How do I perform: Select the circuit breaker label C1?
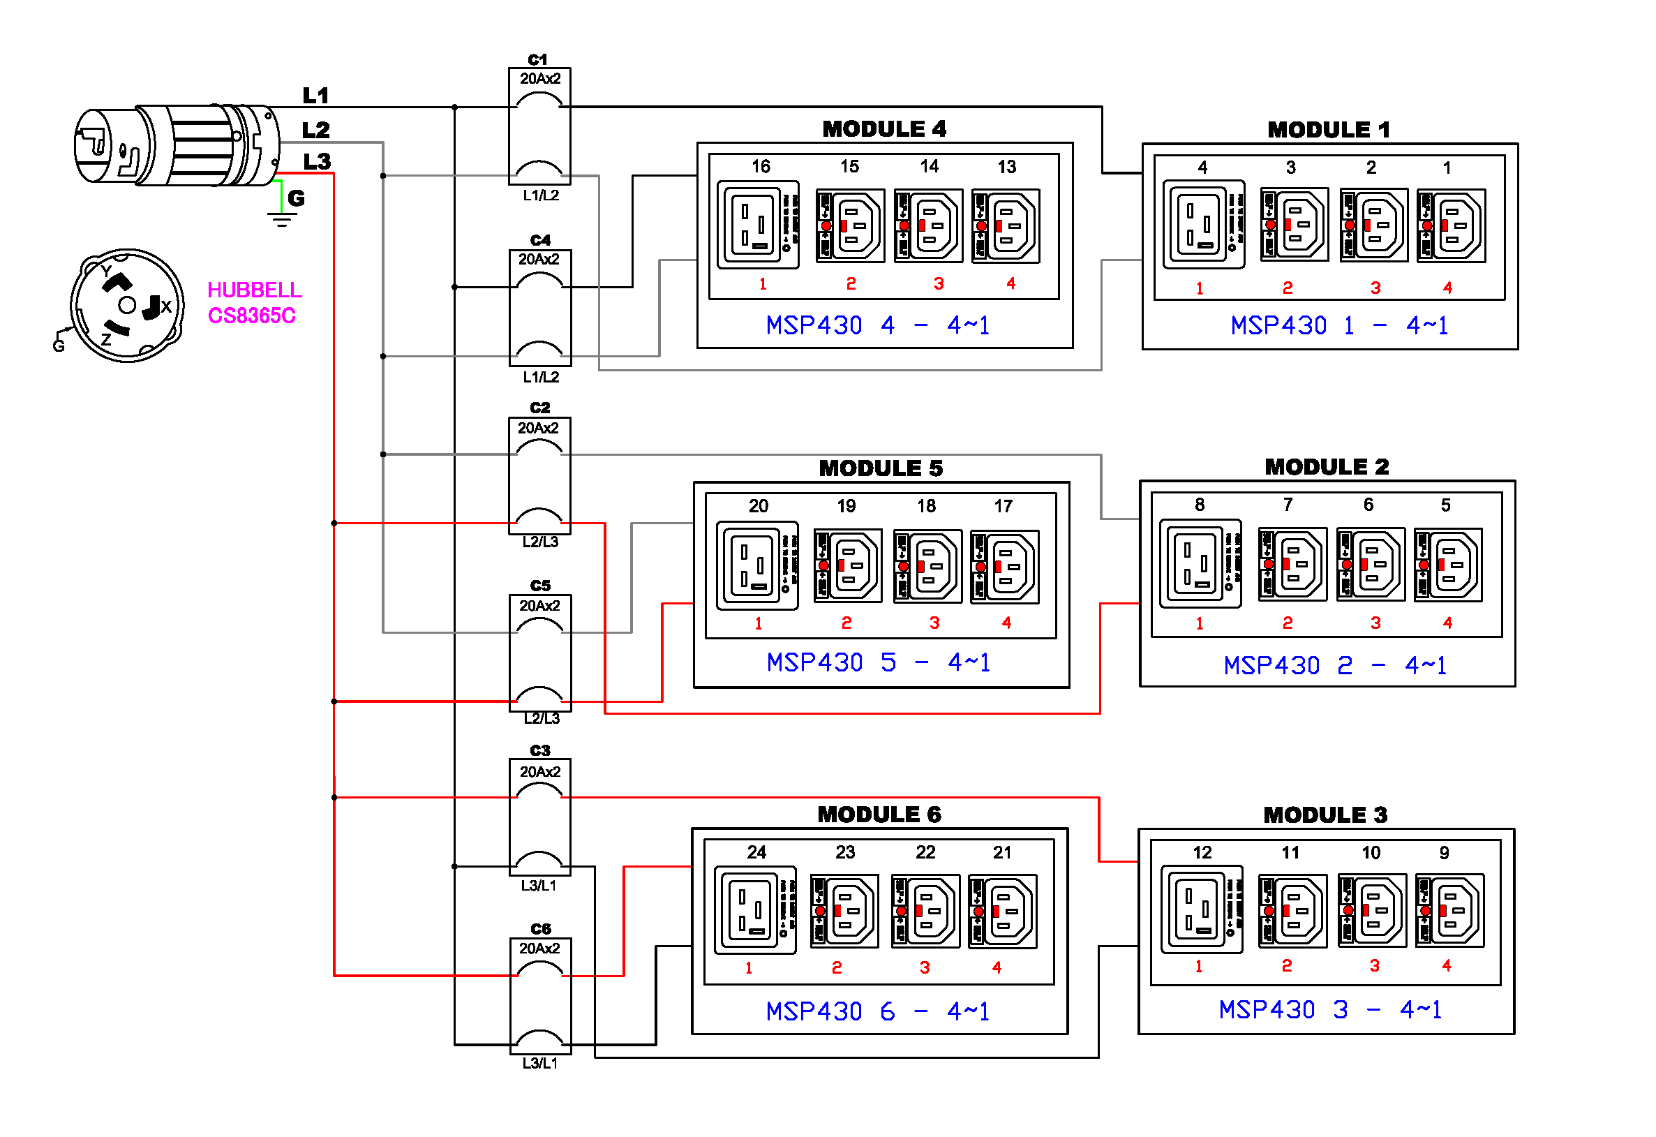[537, 59]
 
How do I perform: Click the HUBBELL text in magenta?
[255, 290]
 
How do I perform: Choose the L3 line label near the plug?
[317, 162]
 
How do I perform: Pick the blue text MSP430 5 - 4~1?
[878, 663]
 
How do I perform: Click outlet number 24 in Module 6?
[756, 852]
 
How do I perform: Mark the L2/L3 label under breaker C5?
[541, 718]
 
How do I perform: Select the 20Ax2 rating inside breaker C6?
[539, 949]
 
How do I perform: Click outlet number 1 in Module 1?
[1447, 168]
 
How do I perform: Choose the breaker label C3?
[539, 750]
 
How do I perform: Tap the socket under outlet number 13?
[1006, 226]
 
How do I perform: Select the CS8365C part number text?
[251, 315]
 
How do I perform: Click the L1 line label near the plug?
[315, 96]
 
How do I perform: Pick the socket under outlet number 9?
[1449, 911]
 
